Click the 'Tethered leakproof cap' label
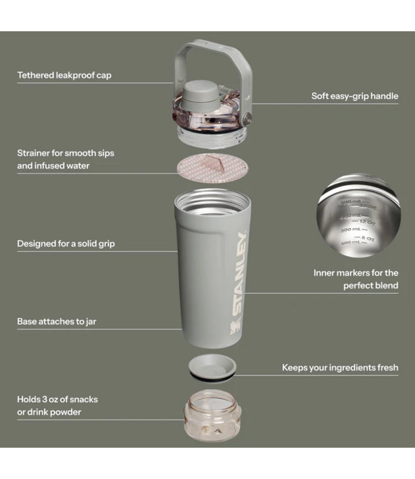pos(64,75)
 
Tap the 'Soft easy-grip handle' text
pos(354,96)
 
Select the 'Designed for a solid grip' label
pos(66,243)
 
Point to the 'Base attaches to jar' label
pos(56,321)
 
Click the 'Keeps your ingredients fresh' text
pos(340,367)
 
